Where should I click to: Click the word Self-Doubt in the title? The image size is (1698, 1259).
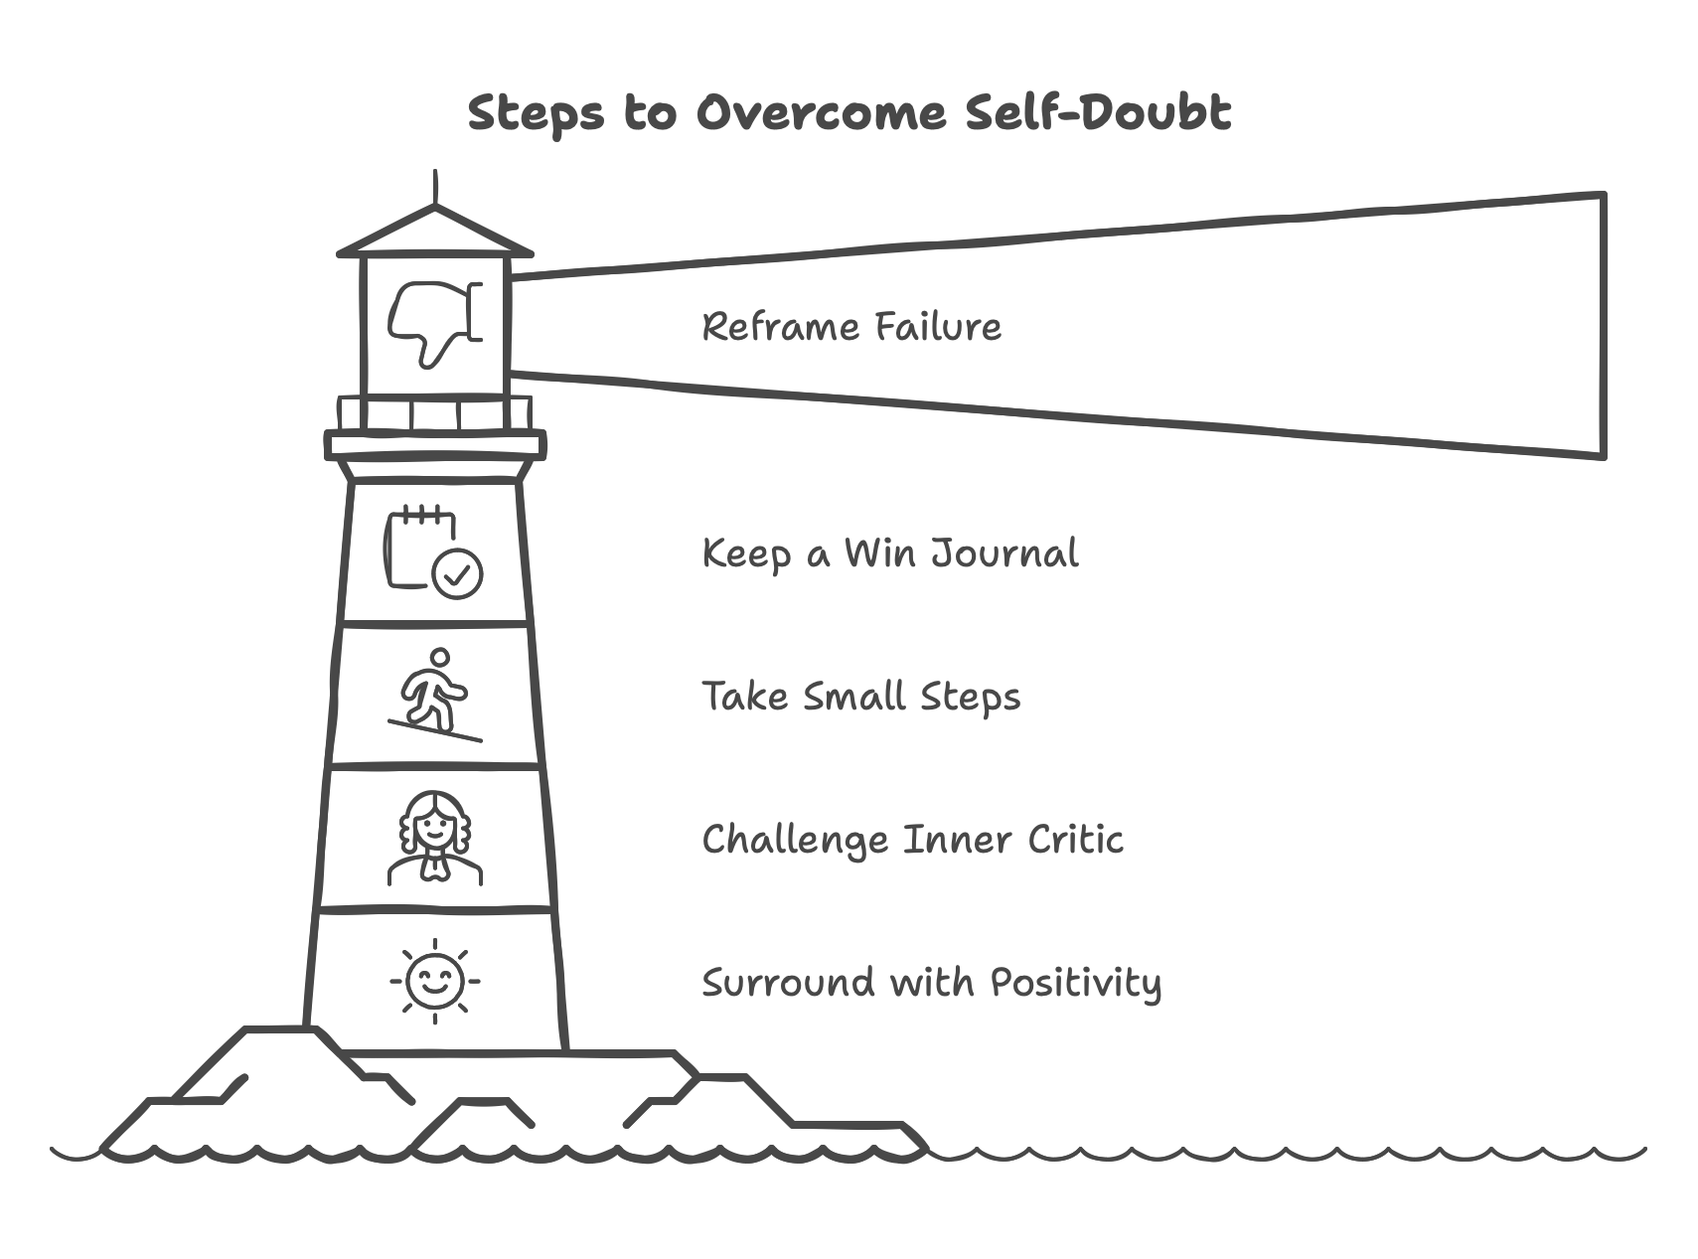(x=1098, y=112)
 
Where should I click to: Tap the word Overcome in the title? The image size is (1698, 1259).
(x=821, y=112)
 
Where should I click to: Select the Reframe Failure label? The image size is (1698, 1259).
(x=851, y=327)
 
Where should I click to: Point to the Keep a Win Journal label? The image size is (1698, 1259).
(x=890, y=553)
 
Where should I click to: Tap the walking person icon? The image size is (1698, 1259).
(x=434, y=695)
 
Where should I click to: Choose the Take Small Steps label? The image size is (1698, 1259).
(x=861, y=697)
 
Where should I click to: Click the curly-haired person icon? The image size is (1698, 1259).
(x=434, y=838)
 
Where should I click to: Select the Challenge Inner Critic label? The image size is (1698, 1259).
(x=912, y=840)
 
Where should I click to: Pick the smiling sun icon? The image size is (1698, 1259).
(x=434, y=981)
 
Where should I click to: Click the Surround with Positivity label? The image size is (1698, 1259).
(x=931, y=983)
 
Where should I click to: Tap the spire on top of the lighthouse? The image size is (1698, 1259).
(x=435, y=188)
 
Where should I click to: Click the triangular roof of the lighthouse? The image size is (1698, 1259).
(x=434, y=234)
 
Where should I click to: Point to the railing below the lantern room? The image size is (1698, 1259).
(x=434, y=413)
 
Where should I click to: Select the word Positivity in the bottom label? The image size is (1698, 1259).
(x=1075, y=983)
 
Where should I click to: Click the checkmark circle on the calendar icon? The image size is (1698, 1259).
(x=458, y=573)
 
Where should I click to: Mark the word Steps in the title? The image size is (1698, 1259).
(x=536, y=112)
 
